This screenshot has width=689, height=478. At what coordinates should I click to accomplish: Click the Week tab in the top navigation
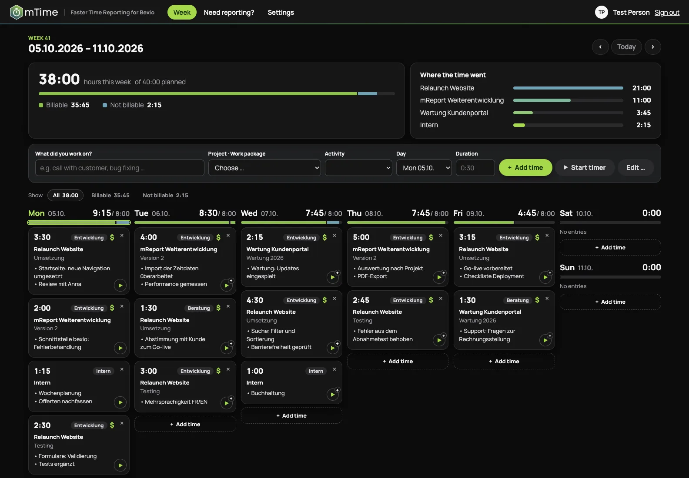(182, 12)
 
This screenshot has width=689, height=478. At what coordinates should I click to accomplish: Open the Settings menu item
(281, 12)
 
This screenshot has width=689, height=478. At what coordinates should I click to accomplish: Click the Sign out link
(666, 12)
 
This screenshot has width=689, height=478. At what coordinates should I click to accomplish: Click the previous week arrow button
(600, 46)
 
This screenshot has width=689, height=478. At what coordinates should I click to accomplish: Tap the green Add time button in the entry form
(525, 167)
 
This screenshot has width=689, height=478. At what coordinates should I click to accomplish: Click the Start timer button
(585, 167)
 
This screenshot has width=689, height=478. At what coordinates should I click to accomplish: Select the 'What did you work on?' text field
(120, 168)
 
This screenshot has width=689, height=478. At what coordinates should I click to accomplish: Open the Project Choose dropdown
(264, 168)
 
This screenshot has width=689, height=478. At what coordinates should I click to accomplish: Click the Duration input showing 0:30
(475, 168)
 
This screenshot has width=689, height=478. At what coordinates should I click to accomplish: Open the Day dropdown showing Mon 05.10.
(424, 168)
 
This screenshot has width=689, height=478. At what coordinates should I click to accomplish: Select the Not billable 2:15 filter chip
(165, 196)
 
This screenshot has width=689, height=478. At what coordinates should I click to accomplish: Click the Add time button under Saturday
(610, 247)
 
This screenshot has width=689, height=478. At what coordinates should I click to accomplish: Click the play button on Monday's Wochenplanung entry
(120, 402)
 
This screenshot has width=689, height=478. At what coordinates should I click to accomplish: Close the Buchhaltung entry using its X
(334, 369)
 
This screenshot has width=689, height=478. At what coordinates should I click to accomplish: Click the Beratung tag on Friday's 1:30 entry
(517, 300)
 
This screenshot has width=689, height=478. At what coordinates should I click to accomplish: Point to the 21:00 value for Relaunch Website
(641, 88)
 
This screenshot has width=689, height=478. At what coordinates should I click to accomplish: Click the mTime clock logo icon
(16, 12)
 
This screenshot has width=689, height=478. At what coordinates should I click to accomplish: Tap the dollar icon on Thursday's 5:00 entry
(431, 237)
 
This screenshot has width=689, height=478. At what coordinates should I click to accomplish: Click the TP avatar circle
(601, 12)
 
